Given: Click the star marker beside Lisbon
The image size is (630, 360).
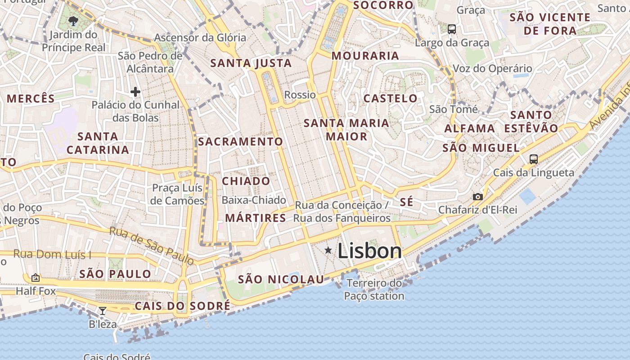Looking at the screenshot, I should pos(328,250).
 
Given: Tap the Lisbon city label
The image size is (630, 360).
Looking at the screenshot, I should pos(369,251).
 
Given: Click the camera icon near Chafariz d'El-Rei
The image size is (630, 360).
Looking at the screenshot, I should pos(477,197).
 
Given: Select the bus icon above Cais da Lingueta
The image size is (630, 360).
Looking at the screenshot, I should pos(533,159).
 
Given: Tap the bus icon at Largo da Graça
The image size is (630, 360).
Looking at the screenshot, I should pos(451,29).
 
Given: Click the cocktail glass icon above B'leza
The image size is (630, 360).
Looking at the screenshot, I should pos(103,310).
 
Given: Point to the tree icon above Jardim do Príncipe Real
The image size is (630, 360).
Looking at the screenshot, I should pos(73,21).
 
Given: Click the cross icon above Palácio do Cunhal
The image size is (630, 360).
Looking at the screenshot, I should pos(135,92).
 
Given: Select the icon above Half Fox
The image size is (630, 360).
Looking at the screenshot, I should pos(36,278).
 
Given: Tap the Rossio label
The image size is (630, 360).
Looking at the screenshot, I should pos(300,94).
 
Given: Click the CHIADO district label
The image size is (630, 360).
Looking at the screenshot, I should pos(246,181).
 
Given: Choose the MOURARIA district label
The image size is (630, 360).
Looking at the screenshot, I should pos(365,55).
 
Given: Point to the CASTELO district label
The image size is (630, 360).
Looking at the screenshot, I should pos(391,98).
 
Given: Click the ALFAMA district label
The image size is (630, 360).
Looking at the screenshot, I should pos(470,128).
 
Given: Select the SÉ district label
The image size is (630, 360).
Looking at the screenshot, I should pos(406,202).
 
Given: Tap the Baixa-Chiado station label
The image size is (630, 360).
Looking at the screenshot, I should pos(254,200).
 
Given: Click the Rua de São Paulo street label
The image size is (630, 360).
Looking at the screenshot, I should pos(152,245).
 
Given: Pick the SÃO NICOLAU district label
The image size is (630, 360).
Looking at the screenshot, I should pos(281,279).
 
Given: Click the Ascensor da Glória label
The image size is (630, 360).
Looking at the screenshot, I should pos(200,37).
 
